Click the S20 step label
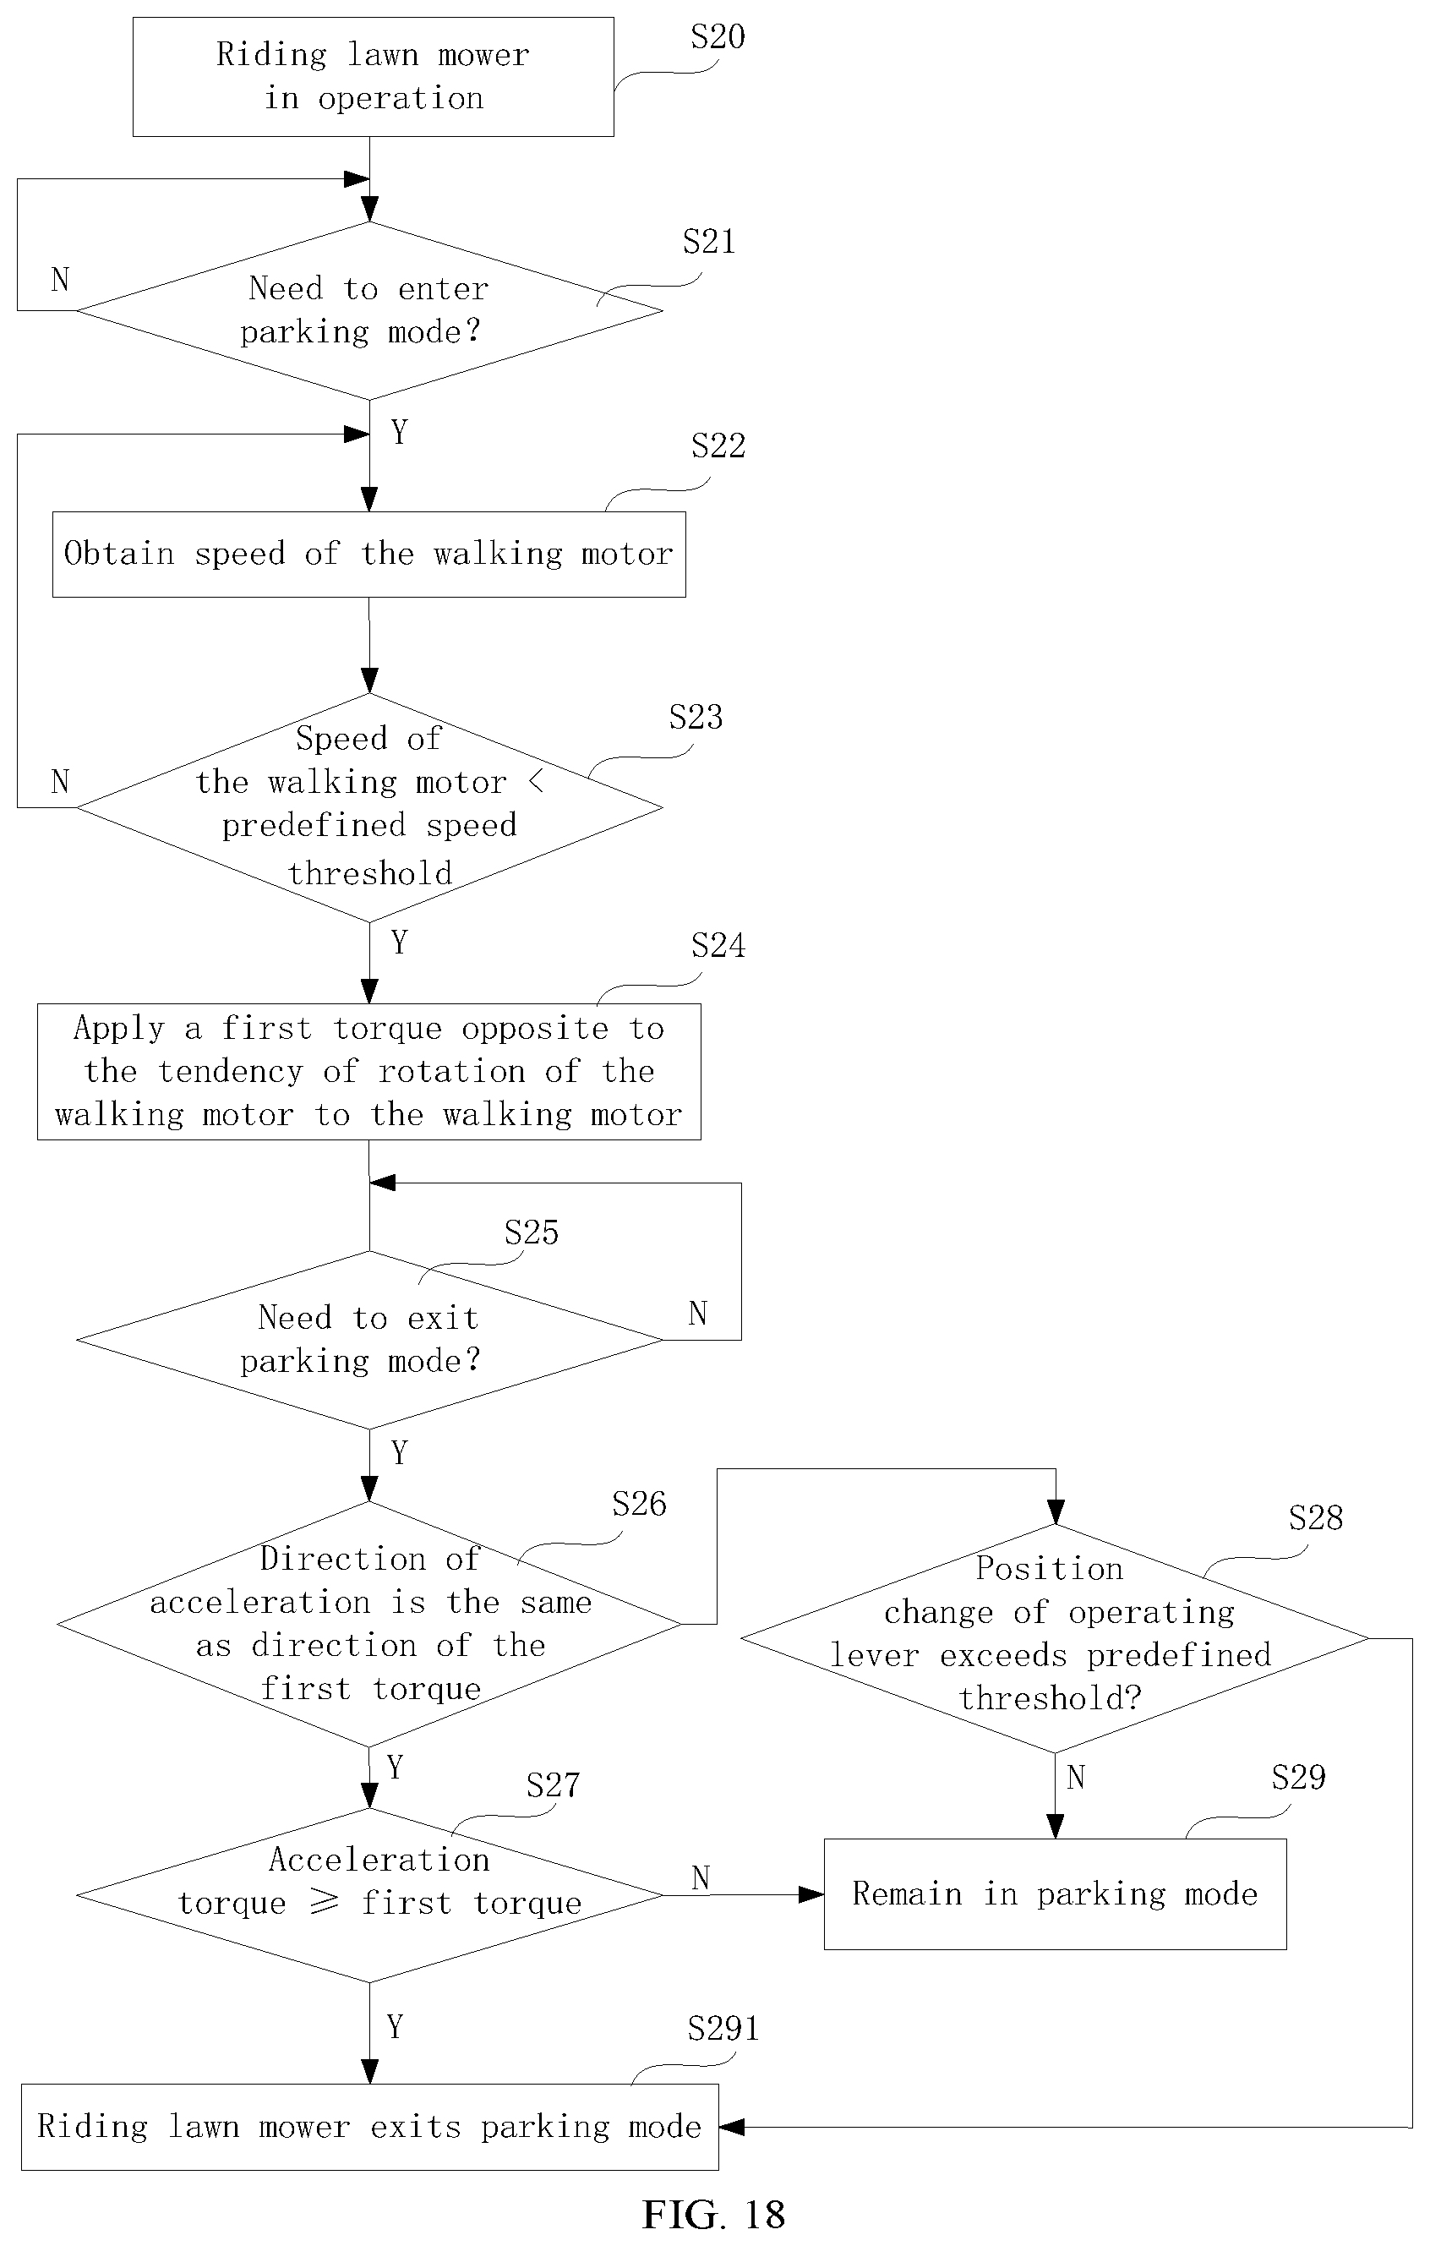pyautogui.click(x=718, y=36)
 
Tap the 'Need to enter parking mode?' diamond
pyautogui.click(x=369, y=310)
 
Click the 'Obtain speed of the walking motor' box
pyautogui.click(x=369, y=554)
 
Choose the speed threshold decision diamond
pyautogui.click(x=369, y=808)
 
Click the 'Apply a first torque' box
pyautogui.click(x=369, y=1072)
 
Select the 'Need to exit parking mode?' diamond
pyautogui.click(x=369, y=1341)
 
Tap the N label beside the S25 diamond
pyautogui.click(x=698, y=1314)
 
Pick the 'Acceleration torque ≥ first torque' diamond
pyautogui.click(x=369, y=1895)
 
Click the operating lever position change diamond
pyautogui.click(x=1055, y=1638)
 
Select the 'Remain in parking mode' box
pyautogui.click(x=1055, y=1894)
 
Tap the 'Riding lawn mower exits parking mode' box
pyautogui.click(x=370, y=2128)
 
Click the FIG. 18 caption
pyautogui.click(x=713, y=2214)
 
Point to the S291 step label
pyautogui.click(x=723, y=2029)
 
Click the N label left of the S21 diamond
pyautogui.click(x=61, y=279)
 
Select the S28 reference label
pyautogui.click(x=1315, y=1517)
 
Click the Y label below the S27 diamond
pyautogui.click(x=395, y=2026)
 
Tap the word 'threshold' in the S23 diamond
pyautogui.click(x=370, y=873)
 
